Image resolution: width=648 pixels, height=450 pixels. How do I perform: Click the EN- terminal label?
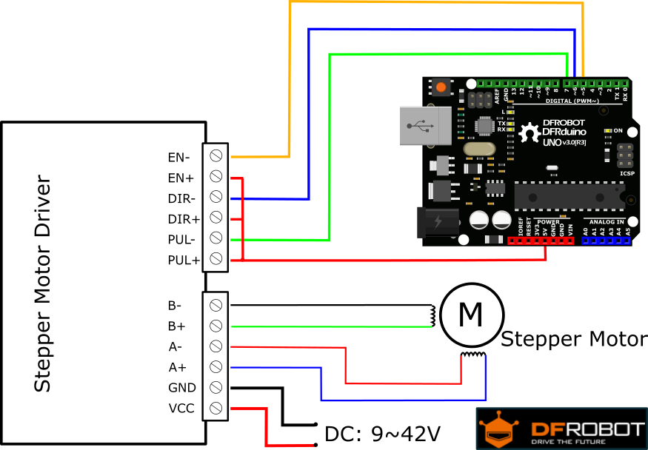click(x=178, y=157)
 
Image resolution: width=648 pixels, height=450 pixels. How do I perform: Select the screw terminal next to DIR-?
click(x=216, y=197)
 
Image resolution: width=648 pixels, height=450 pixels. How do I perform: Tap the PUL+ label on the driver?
click(x=183, y=260)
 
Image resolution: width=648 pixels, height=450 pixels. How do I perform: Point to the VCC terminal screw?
click(x=216, y=408)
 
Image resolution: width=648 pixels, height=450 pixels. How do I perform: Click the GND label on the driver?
click(x=181, y=388)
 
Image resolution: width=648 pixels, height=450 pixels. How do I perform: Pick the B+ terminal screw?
click(x=216, y=326)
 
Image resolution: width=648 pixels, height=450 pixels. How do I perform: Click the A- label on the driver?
click(x=175, y=346)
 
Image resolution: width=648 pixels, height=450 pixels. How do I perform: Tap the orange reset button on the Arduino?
click(x=441, y=87)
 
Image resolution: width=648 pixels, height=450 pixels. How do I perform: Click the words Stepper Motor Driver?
click(x=43, y=283)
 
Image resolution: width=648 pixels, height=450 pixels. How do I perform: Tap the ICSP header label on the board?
click(x=627, y=174)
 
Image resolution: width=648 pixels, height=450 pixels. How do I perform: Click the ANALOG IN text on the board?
click(x=606, y=221)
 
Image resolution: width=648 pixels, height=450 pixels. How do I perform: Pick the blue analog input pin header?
click(x=606, y=241)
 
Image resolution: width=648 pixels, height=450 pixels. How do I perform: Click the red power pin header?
click(x=541, y=241)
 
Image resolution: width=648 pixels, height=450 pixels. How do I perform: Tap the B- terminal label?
click(x=175, y=305)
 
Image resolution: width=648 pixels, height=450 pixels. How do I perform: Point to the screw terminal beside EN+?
click(x=216, y=176)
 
